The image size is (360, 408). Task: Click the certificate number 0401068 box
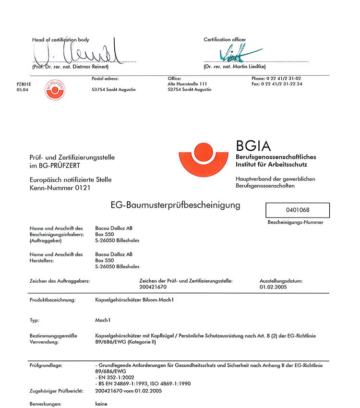click(298, 210)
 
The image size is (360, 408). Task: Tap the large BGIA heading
click(253, 146)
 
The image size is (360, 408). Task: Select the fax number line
click(277, 84)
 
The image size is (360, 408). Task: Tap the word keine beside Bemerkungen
click(102, 404)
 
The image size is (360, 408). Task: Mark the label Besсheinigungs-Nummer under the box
click(295, 222)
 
